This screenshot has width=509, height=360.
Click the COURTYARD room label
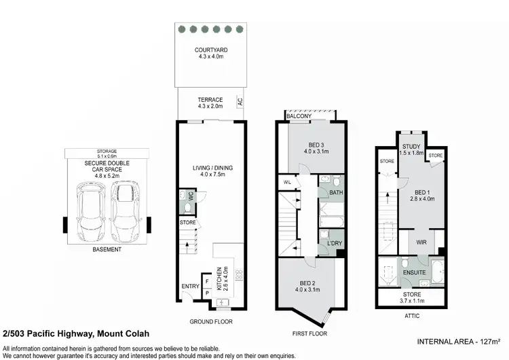point(211,50)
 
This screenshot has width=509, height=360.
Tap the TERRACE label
point(210,100)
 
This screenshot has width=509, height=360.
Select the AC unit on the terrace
point(240,102)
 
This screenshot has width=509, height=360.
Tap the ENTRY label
point(190,286)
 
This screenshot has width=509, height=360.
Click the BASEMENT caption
point(107,250)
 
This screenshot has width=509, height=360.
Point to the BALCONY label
point(299,117)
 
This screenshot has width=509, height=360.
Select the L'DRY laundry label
point(333,242)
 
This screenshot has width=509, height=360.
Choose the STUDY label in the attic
point(411,146)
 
